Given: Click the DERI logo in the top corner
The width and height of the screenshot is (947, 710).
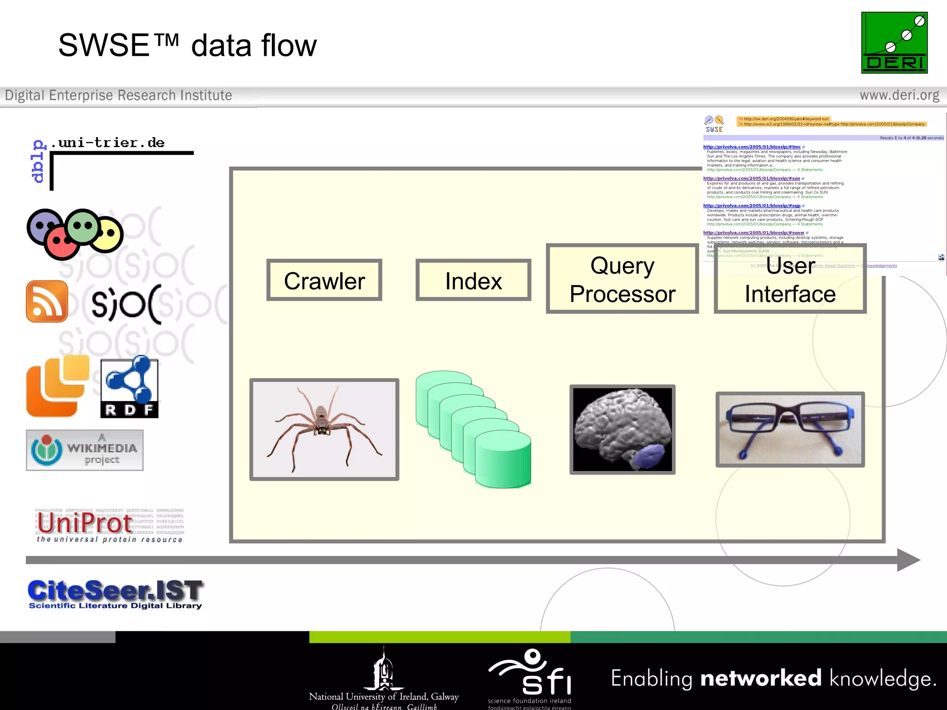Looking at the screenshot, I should (894, 43).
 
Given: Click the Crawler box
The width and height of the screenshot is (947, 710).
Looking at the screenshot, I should (324, 281).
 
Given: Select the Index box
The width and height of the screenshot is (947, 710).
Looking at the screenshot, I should (473, 281).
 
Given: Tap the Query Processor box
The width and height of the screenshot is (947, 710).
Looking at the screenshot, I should (622, 279).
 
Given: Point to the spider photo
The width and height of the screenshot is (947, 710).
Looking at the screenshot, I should (324, 429).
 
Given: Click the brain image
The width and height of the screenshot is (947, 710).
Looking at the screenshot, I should (622, 429).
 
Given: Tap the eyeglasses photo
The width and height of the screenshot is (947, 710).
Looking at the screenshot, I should (790, 429).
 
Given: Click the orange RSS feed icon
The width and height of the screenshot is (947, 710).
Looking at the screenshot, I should (47, 301).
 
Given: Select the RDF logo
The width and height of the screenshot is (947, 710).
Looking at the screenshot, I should (129, 387).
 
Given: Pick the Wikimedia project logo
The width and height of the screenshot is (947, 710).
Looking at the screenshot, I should (85, 450).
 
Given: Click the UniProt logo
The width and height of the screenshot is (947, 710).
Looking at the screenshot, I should (109, 526).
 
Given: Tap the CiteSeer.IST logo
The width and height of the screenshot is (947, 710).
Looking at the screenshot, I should (115, 594).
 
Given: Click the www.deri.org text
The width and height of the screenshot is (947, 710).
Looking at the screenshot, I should (899, 95).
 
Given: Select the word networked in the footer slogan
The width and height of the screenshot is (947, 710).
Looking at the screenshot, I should (761, 678).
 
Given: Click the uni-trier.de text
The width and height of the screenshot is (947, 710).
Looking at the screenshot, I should (107, 142).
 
